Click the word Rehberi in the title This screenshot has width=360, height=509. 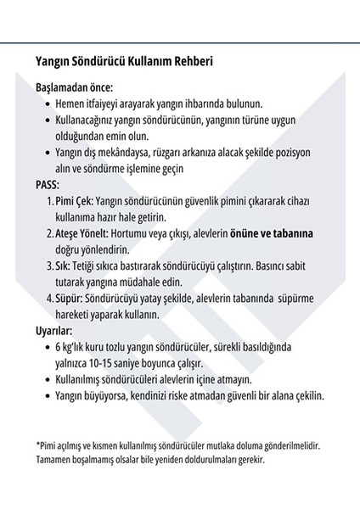tap(188, 63)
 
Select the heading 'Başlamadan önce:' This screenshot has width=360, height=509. tap(75, 87)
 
